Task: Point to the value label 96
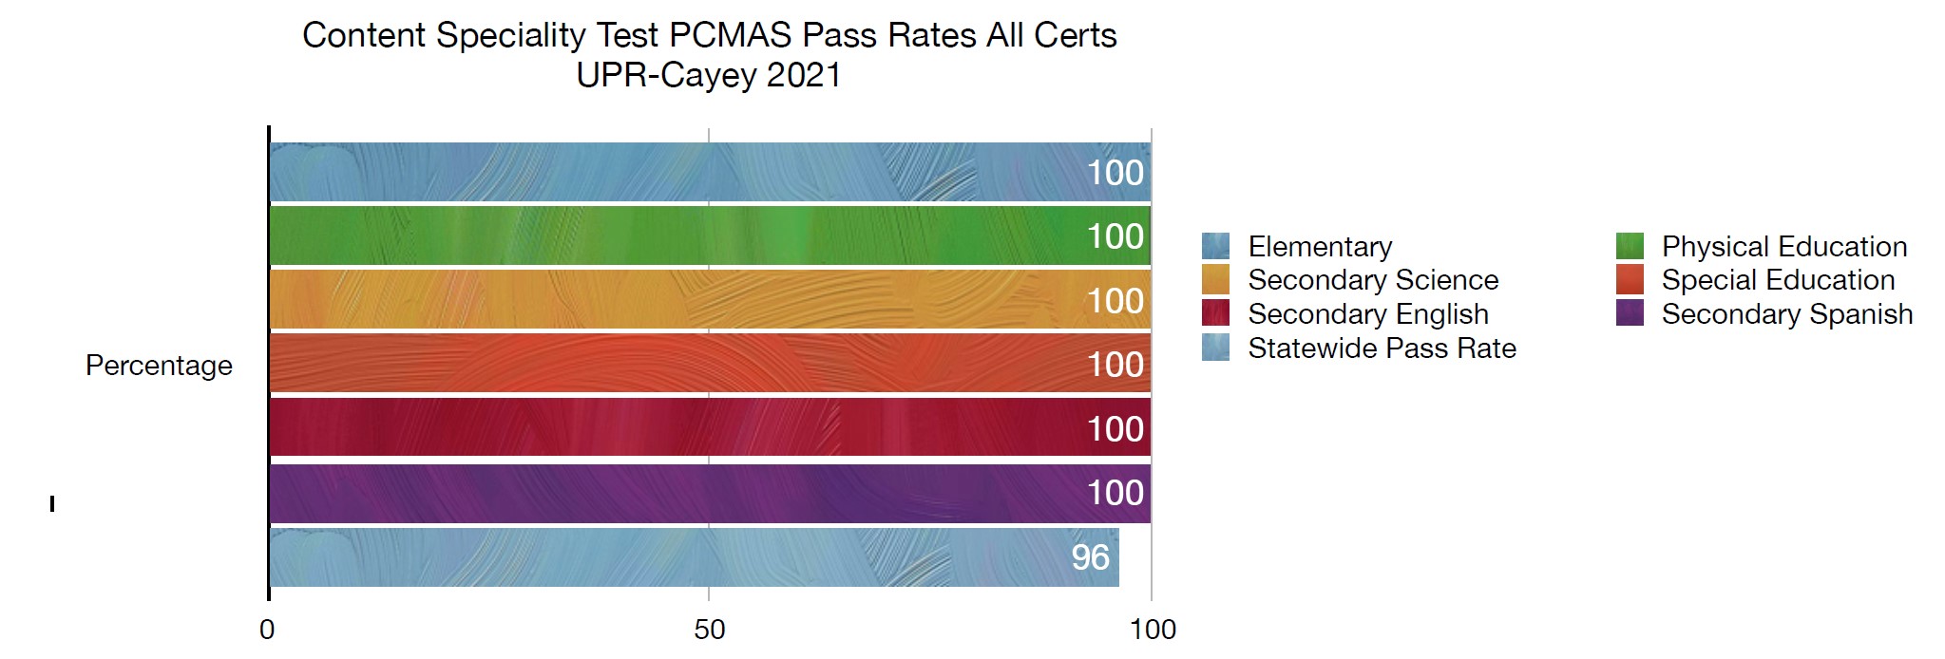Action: (1090, 557)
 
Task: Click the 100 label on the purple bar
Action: (1115, 493)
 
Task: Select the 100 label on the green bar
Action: (1115, 236)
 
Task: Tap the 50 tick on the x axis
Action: (709, 630)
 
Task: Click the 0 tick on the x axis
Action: (267, 630)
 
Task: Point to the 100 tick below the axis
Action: (1153, 630)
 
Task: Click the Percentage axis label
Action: (159, 366)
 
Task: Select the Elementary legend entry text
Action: (1320, 247)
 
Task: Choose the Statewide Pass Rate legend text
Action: (1382, 348)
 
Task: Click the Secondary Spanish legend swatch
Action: (1630, 313)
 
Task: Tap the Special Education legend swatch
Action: (1630, 280)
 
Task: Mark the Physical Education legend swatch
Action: (1630, 246)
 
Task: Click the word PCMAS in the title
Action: (730, 35)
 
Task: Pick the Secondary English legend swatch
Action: (1215, 313)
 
